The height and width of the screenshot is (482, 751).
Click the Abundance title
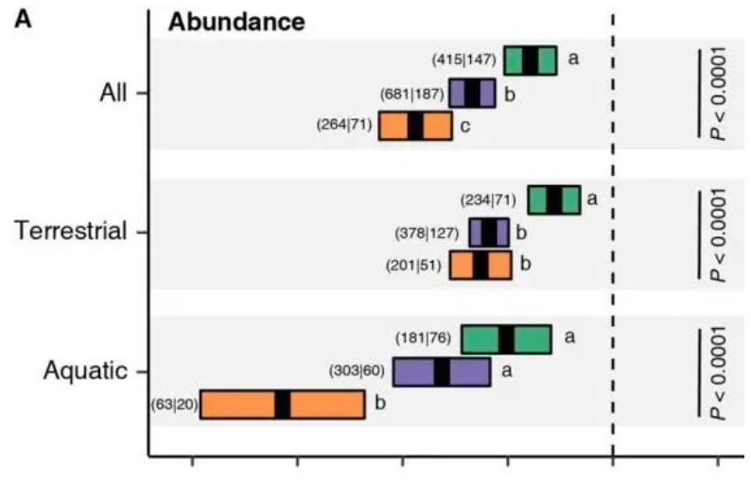point(236,24)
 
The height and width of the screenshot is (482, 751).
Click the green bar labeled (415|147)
point(530,60)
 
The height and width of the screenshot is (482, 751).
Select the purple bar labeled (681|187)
point(472,93)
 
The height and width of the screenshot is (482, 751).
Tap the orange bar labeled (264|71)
point(415,126)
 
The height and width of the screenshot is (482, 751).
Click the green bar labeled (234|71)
point(553,200)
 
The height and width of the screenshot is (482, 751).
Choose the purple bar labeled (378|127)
point(489,232)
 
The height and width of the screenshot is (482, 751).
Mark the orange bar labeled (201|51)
point(480,265)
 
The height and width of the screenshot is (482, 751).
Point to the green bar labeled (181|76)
point(506,338)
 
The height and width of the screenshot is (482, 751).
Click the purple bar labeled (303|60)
point(442,371)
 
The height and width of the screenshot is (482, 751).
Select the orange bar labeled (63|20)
point(282,404)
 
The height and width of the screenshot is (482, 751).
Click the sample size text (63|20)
point(173,404)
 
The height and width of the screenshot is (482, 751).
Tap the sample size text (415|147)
point(464,60)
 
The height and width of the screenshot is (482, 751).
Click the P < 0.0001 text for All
point(717,94)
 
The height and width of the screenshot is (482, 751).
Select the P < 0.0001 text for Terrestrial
point(717,233)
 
